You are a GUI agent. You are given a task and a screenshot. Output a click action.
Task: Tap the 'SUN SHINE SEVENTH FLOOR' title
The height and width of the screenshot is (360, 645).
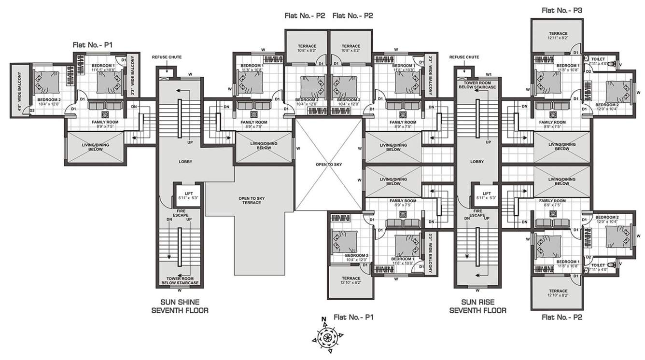(x=180, y=306)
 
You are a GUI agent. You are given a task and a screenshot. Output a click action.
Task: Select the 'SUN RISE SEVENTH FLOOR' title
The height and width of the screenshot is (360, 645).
(x=477, y=306)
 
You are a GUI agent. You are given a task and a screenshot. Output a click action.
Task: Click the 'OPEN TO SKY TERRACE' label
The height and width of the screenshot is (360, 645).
(x=249, y=200)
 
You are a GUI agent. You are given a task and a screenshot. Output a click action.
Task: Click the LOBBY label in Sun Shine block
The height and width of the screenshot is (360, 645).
(x=182, y=162)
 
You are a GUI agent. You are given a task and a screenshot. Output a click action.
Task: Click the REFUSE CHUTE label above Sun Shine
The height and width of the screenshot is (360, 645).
(x=167, y=57)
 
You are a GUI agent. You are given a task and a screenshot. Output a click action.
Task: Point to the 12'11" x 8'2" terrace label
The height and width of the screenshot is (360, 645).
(x=558, y=35)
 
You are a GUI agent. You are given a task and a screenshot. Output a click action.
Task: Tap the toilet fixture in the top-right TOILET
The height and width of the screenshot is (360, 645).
(x=612, y=63)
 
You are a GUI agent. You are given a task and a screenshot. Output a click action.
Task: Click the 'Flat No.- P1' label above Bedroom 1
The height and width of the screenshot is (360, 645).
(x=92, y=44)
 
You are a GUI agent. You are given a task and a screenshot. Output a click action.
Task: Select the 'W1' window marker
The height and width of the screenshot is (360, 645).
(x=488, y=74)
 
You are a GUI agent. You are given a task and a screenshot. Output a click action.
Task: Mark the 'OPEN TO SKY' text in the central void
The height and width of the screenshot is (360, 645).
(x=329, y=165)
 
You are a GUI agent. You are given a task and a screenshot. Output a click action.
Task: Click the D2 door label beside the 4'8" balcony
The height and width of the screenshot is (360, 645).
(x=32, y=111)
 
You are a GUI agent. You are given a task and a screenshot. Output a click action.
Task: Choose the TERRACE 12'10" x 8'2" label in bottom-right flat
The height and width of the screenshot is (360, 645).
(x=558, y=293)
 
